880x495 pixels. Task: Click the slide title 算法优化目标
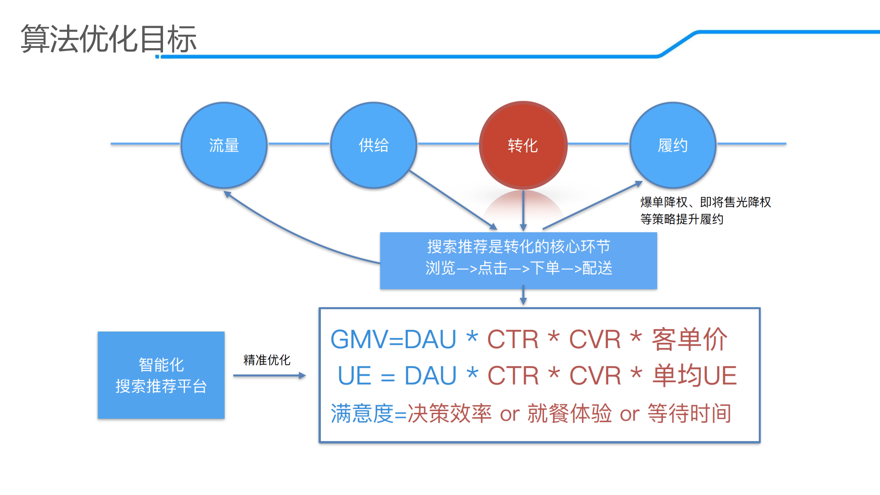tap(108, 39)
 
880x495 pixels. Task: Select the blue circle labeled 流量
tap(224, 145)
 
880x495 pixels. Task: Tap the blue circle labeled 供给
tap(373, 145)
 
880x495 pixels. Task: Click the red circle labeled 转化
tap(523, 145)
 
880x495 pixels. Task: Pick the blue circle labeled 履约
tap(673, 145)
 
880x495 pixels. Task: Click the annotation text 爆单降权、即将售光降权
tap(705, 202)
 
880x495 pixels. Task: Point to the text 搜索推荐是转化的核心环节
tap(519, 246)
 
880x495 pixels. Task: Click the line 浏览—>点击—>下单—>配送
tap(519, 268)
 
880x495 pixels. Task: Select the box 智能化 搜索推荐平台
tap(161, 375)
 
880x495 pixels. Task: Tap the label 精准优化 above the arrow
tap(267, 360)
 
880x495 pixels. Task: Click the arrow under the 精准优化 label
tap(269, 375)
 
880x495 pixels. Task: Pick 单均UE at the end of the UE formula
tap(695, 375)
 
